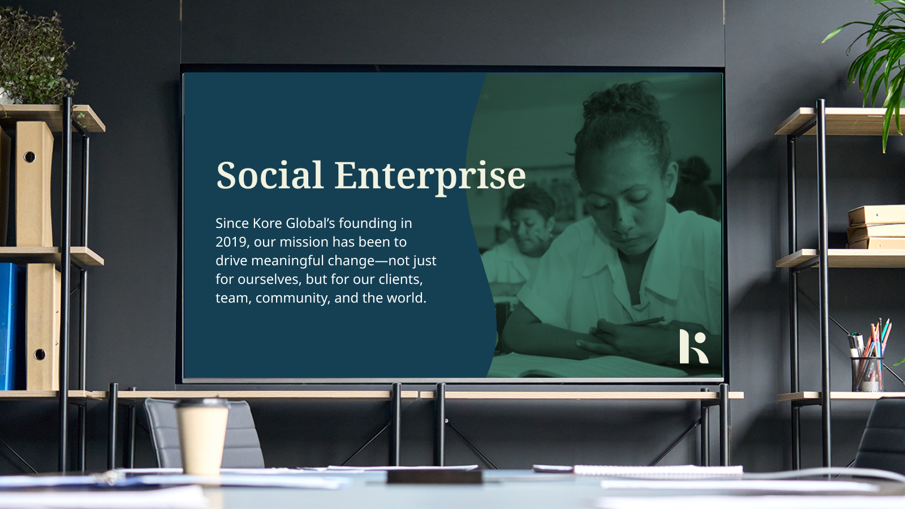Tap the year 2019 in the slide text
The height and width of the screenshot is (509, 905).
coord(229,242)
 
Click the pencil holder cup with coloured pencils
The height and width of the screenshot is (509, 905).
coord(867,374)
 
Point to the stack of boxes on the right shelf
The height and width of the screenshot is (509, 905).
coord(876,227)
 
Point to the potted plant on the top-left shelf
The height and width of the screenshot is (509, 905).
coord(35,57)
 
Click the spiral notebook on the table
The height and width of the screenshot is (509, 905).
coord(658,470)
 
